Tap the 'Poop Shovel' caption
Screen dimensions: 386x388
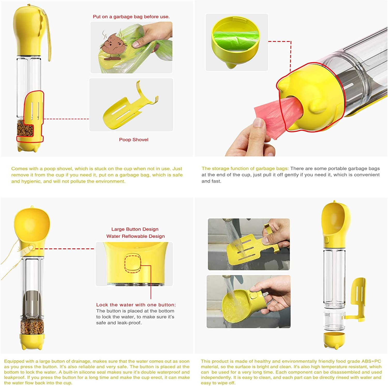pyautogui.click(x=133, y=140)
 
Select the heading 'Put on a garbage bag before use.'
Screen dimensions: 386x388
pyautogui.click(x=131, y=17)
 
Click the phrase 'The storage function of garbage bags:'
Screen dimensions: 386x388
pyautogui.click(x=245, y=169)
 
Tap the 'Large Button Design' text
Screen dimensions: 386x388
pyautogui.click(x=135, y=229)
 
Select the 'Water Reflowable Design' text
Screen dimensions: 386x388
pyautogui.click(x=135, y=236)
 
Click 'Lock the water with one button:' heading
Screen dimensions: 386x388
pyautogui.click(x=136, y=305)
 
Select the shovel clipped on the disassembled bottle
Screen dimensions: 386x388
pyautogui.click(x=358, y=297)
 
